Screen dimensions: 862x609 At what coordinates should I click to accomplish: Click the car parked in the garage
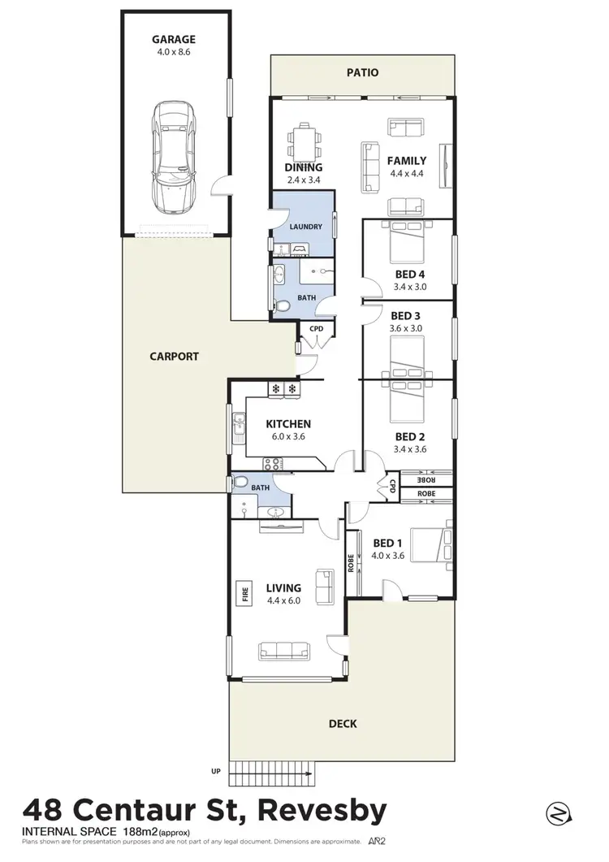(175, 156)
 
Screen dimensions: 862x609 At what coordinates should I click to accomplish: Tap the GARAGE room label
(175, 39)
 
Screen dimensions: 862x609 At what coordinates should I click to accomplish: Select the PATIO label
(362, 72)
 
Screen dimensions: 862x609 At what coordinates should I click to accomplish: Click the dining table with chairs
(304, 142)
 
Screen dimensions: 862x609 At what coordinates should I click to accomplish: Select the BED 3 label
(406, 315)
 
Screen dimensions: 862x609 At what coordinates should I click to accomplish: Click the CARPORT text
(174, 356)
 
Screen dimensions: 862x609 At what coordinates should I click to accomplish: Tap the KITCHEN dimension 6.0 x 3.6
(287, 436)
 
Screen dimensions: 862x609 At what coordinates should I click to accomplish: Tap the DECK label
(343, 723)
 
